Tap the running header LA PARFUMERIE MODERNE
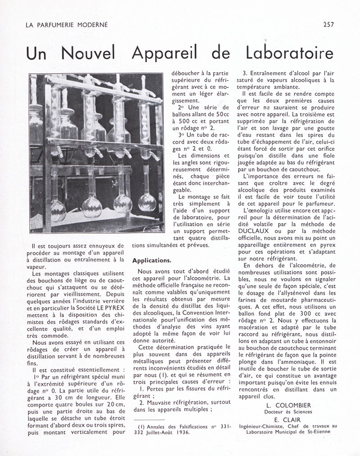pos(67,25)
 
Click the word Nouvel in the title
pos(88,53)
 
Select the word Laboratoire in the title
pos(289,53)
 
